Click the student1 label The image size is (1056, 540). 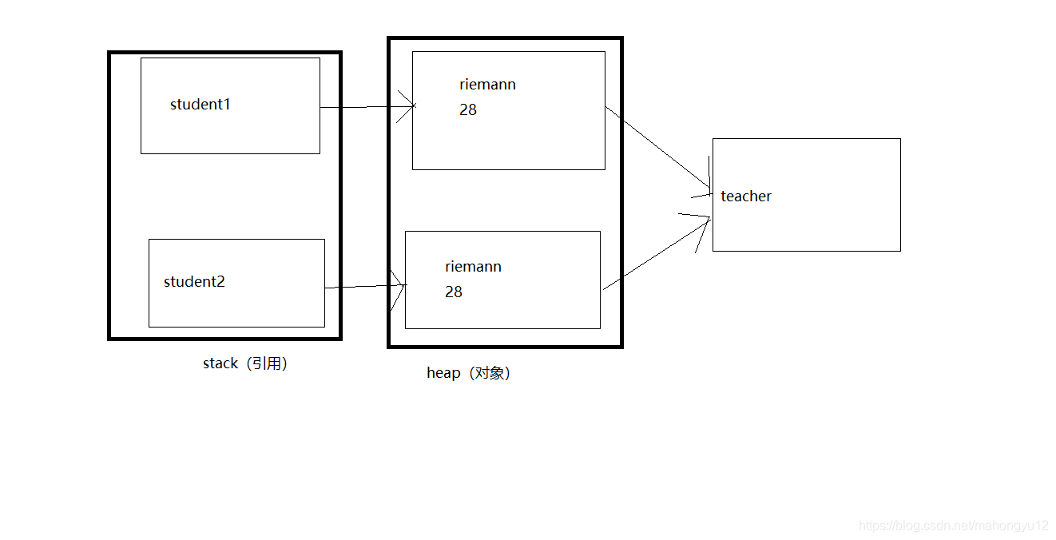click(200, 105)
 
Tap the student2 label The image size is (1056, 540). click(194, 282)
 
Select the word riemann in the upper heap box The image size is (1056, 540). click(487, 85)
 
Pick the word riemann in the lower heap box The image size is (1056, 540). click(473, 267)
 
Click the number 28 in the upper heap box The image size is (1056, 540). click(468, 110)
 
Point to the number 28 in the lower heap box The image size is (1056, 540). click(454, 292)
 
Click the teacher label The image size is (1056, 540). click(746, 197)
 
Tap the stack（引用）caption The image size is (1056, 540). click(245, 363)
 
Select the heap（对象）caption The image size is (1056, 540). click(469, 373)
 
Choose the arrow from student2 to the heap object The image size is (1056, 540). click(363, 287)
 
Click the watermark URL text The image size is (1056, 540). click(953, 526)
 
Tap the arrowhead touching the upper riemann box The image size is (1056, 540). click(408, 106)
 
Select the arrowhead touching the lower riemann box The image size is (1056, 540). click(399, 285)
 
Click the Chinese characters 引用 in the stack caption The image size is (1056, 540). click(266, 363)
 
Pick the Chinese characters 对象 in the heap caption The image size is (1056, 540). click(489, 373)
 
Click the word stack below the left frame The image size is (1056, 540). click(220, 363)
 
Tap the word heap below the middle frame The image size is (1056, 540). click(443, 373)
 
